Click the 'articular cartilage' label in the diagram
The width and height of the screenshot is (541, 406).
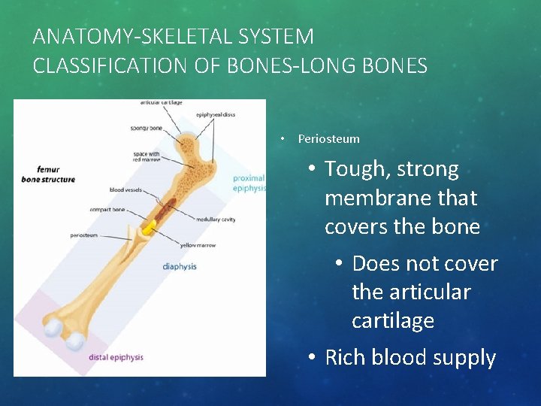point(161,102)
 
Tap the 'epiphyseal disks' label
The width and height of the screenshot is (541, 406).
point(216,114)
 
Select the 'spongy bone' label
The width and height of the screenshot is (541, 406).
point(146,129)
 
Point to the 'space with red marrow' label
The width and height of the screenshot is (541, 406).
point(146,156)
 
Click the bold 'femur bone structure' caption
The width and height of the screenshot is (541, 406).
point(48,175)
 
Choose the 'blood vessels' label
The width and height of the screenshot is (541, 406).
point(125,190)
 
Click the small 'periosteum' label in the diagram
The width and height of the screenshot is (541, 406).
point(83,235)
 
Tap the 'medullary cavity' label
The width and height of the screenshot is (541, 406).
point(216,220)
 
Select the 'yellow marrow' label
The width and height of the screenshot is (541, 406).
point(197,245)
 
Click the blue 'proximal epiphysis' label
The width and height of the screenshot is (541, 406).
point(249,183)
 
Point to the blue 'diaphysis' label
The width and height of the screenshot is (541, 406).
point(180,266)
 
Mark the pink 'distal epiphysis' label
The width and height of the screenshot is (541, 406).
point(116,356)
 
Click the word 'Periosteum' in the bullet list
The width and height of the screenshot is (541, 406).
point(328,138)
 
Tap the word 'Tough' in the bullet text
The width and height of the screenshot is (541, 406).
point(353,169)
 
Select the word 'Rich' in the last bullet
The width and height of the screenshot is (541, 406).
point(345,358)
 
